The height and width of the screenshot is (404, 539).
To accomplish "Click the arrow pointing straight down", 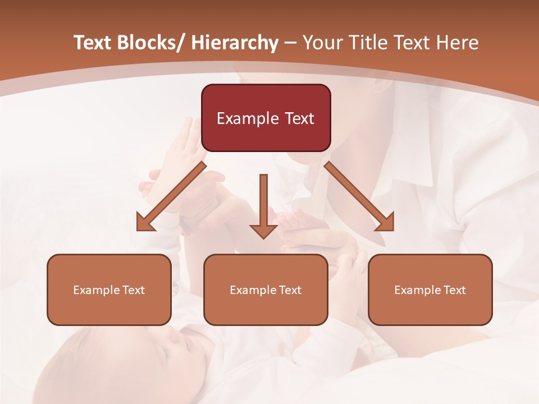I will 263,205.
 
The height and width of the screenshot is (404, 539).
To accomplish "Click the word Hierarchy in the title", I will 234,43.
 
